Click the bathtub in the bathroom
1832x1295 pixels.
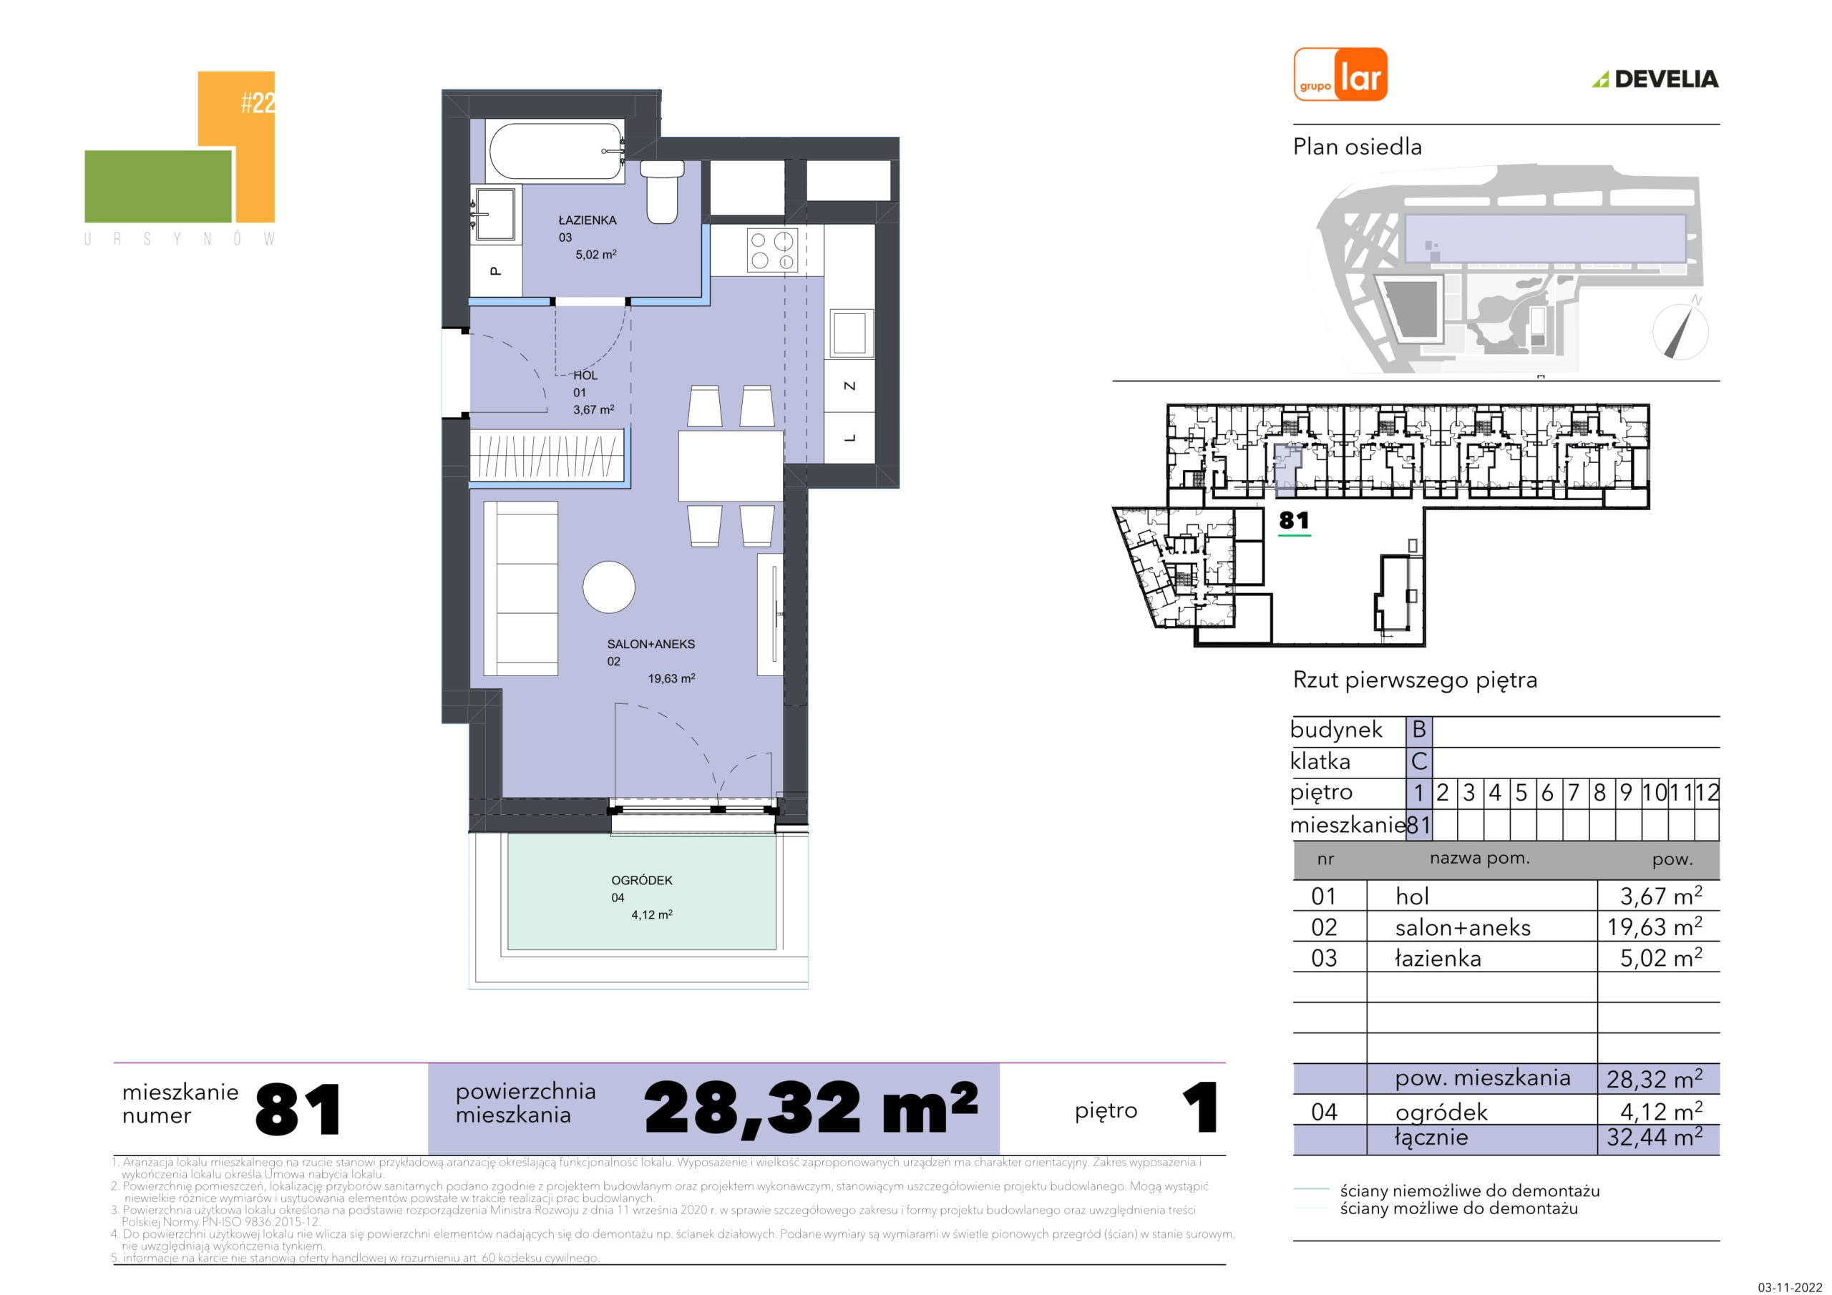click(555, 151)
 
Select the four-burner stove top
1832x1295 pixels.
click(772, 250)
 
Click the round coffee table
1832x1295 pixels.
click(609, 587)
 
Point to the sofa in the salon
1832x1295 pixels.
click(521, 588)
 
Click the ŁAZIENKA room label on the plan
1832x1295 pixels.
click(588, 220)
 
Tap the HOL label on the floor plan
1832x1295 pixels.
click(585, 375)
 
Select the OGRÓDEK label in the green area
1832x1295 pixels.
click(641, 880)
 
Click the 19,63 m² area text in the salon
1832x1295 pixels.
click(671, 679)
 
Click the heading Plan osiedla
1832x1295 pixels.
click(1358, 147)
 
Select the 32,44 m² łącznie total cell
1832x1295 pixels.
click(1654, 1136)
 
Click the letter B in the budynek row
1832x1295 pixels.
click(1418, 729)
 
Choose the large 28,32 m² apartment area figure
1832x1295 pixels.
click(811, 1109)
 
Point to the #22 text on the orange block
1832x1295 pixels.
click(258, 103)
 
